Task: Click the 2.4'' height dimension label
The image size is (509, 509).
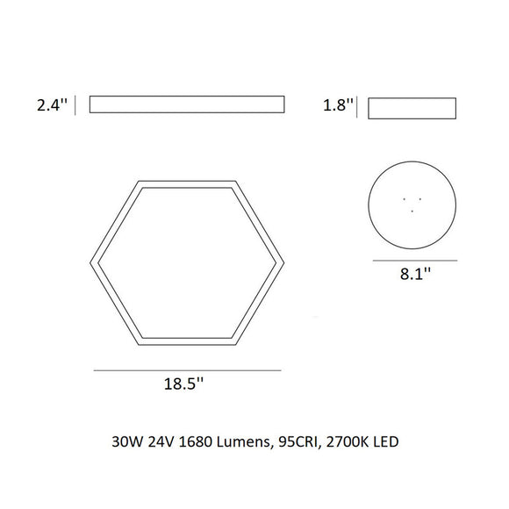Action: [52, 106]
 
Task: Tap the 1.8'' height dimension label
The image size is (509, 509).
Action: [339, 107]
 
